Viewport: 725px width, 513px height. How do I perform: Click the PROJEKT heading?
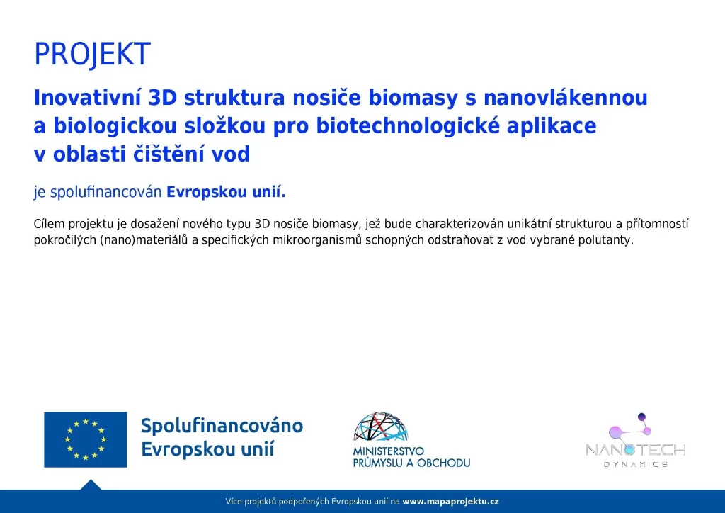point(92,55)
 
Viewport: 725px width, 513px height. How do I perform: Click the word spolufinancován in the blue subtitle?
point(105,192)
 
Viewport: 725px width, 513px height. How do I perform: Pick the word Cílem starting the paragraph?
point(49,225)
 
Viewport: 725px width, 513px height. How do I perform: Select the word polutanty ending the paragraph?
point(605,239)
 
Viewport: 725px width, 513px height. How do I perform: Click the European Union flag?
point(86,439)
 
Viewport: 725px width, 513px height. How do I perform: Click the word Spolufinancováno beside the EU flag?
point(222,426)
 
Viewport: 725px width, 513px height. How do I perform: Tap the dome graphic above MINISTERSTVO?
point(381,427)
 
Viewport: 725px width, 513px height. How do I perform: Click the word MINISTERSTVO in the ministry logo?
point(389,451)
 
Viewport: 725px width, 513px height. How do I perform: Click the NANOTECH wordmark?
point(635,449)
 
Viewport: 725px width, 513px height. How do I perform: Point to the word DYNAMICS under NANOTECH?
point(635,464)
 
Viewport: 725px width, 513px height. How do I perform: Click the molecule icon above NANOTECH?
point(630,427)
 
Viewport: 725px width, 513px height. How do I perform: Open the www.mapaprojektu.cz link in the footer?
point(450,502)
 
